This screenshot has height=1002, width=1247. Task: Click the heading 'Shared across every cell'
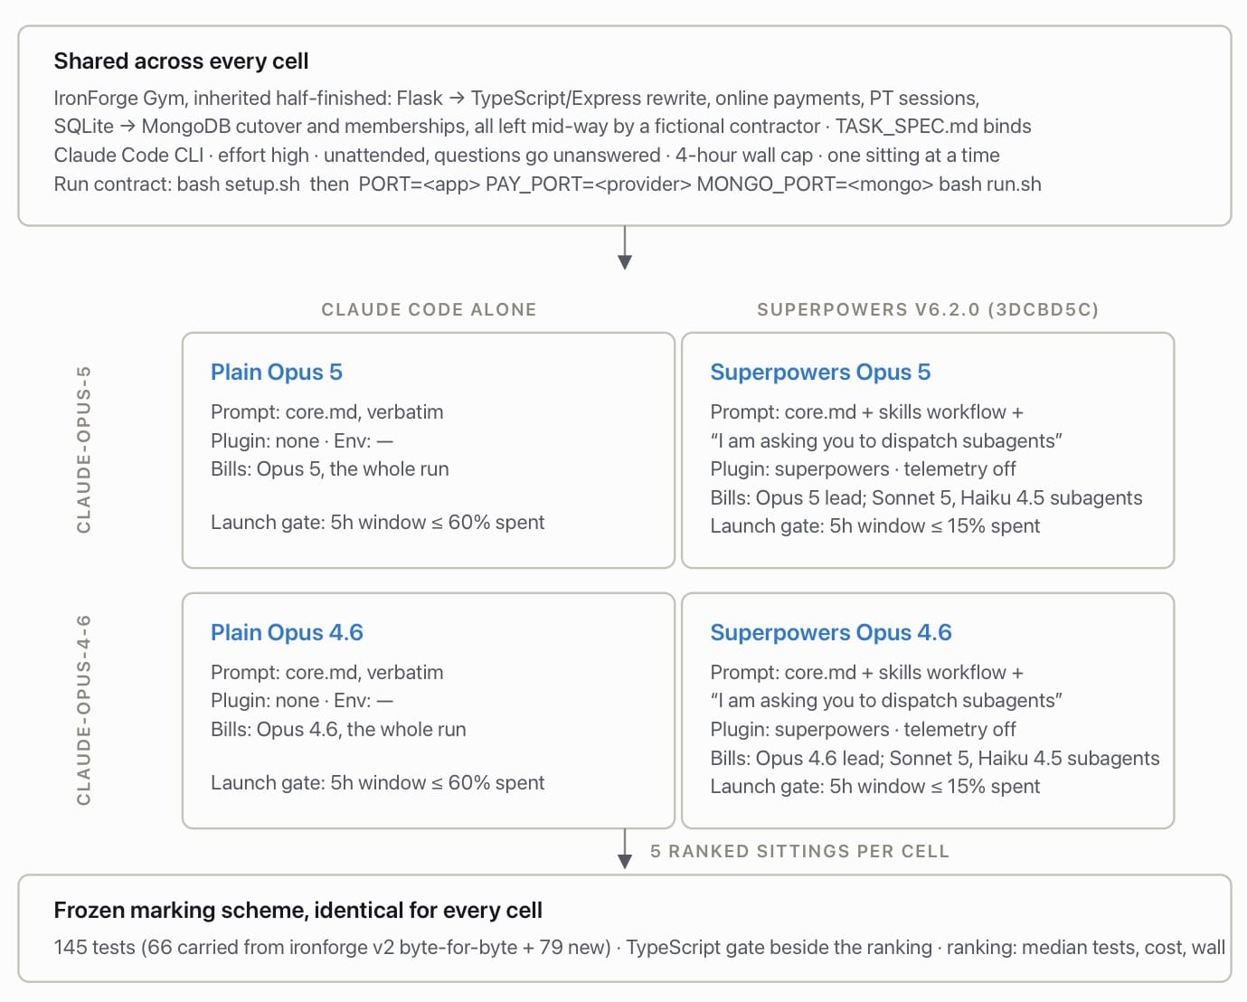click(x=181, y=61)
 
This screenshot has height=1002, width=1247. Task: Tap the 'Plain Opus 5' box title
click(x=277, y=372)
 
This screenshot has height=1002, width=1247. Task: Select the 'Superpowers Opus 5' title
click(x=820, y=372)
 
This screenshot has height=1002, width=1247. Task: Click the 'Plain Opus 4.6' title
click(x=287, y=632)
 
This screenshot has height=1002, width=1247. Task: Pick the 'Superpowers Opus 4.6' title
click(x=831, y=632)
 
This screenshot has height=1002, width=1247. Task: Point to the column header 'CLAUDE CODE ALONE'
click(x=429, y=309)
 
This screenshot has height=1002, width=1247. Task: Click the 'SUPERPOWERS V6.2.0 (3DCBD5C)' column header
click(x=928, y=309)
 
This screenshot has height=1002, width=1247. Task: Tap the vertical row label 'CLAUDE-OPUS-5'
click(x=84, y=449)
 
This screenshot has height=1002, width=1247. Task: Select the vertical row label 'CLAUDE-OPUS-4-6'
click(x=84, y=710)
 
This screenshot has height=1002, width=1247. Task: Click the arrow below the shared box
click(x=625, y=248)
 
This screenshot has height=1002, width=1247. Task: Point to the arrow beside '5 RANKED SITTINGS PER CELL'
click(x=625, y=849)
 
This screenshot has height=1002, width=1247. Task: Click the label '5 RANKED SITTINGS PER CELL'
click(x=799, y=851)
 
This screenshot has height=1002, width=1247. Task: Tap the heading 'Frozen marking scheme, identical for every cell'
click(x=298, y=910)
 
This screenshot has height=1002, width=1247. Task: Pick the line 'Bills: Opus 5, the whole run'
click(x=330, y=468)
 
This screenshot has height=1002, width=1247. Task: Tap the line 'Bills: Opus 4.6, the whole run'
click(x=338, y=729)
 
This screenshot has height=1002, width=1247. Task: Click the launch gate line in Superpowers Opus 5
click(x=875, y=525)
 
